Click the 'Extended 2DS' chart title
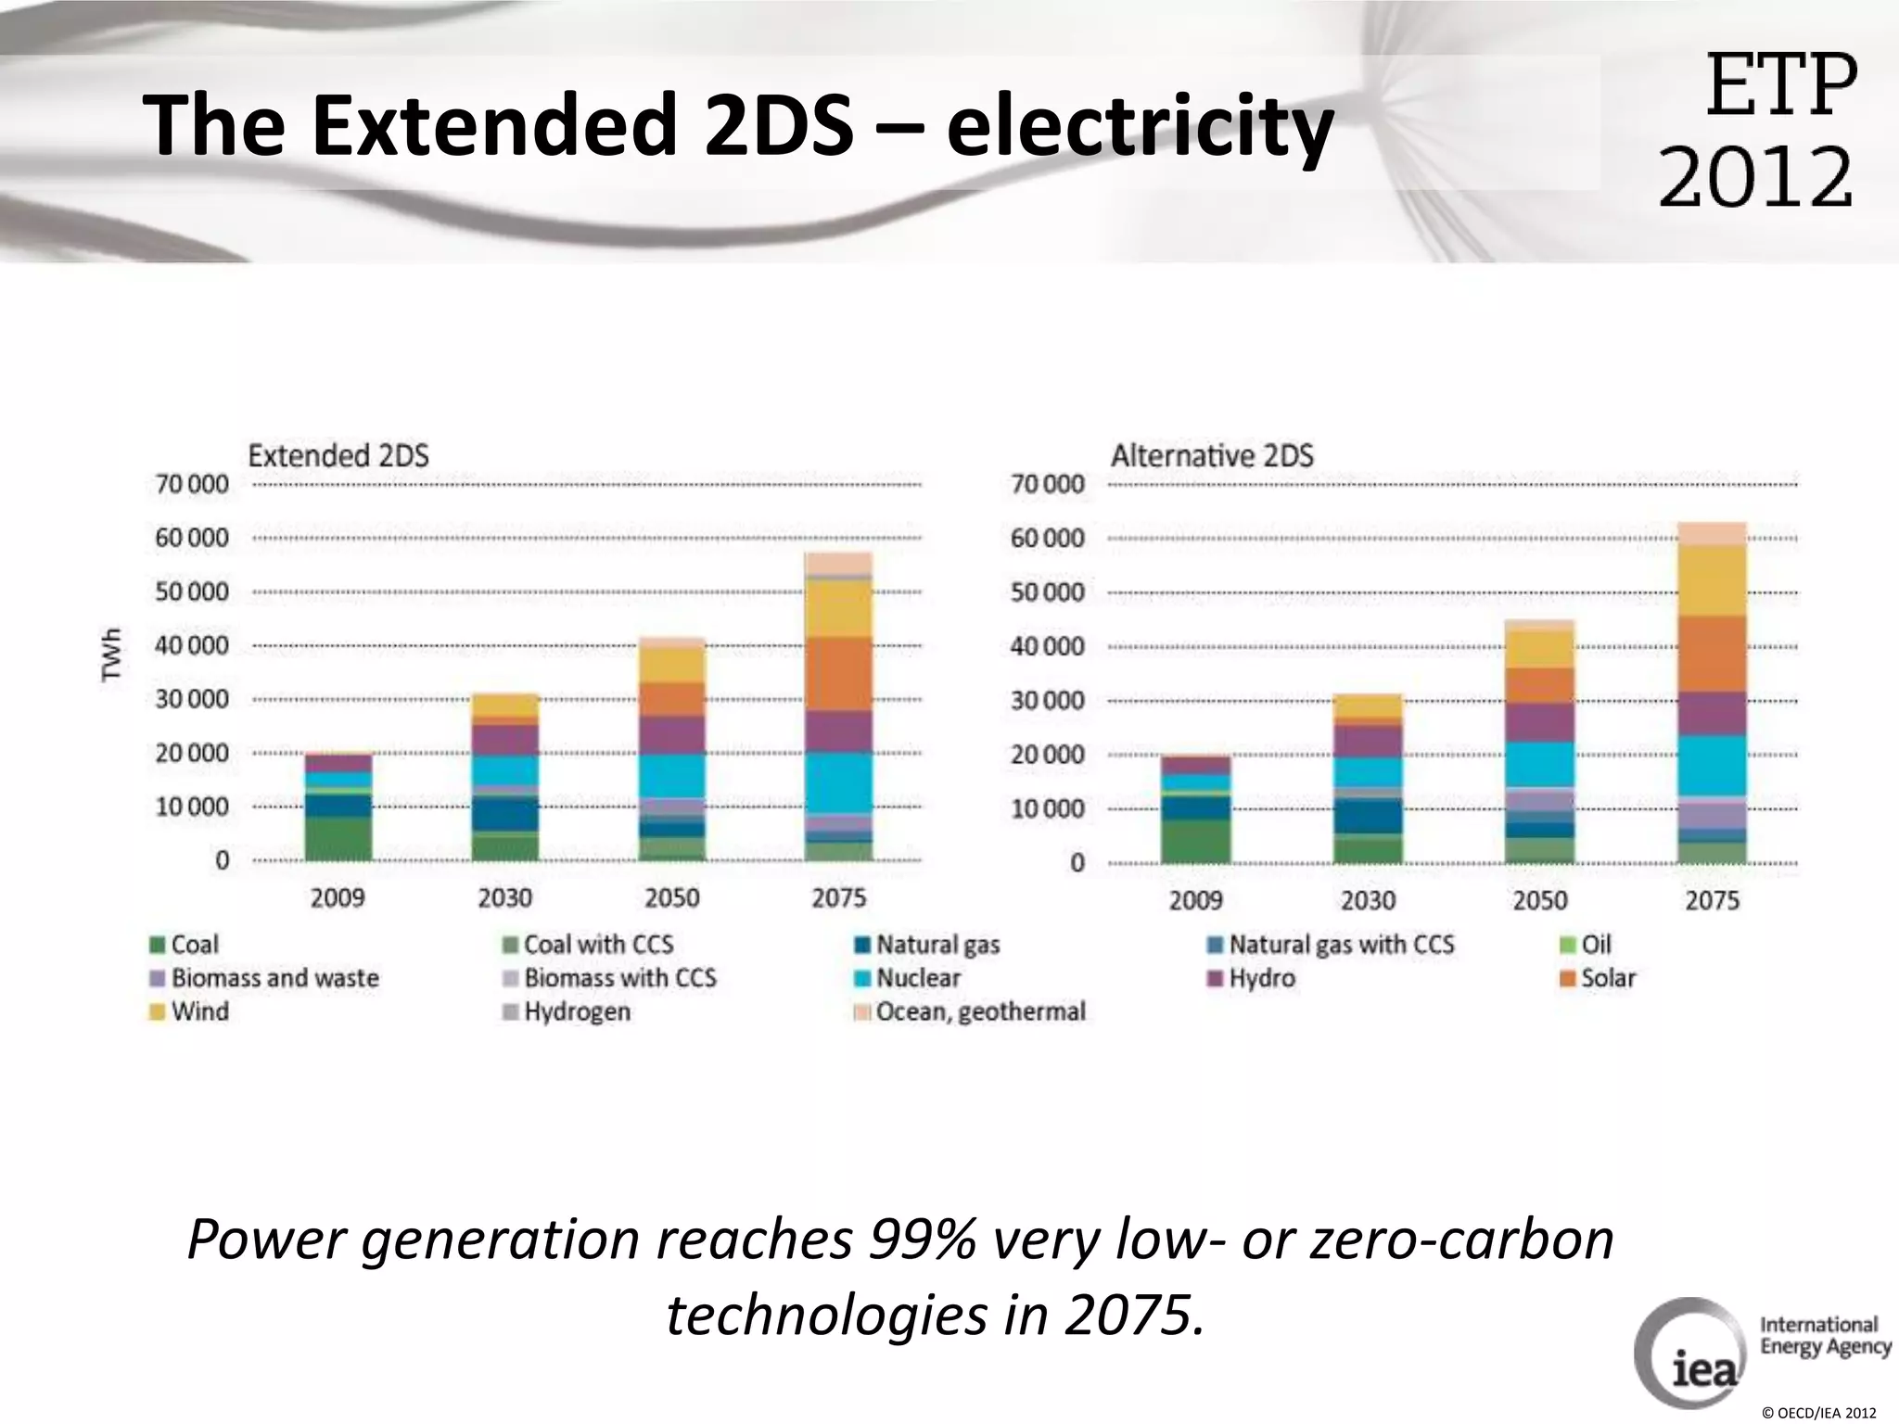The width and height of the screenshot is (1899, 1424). pos(338,456)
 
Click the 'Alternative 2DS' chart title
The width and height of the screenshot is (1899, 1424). pos(1212,456)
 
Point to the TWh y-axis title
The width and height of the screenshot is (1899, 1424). pos(112,655)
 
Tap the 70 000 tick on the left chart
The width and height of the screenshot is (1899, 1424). pos(192,484)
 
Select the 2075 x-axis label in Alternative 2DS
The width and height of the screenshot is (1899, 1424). pos(1712,900)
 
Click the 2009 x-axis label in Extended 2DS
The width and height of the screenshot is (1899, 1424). pos(338,897)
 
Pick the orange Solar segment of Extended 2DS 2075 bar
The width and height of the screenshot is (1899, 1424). pos(838,673)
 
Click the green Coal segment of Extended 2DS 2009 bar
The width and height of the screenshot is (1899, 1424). pos(338,838)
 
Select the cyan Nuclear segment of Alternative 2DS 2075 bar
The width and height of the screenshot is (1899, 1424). pos(1712,766)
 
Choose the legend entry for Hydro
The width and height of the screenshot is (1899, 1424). pos(1261,978)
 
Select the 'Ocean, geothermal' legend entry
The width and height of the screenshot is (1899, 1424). pos(979,1011)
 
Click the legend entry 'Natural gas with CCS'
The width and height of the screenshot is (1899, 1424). pos(1341,945)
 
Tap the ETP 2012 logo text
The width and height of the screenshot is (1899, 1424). pos(1758,130)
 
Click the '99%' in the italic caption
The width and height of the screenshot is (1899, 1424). pos(922,1240)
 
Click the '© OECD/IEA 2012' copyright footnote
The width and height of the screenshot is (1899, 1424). pos(1818,1413)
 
